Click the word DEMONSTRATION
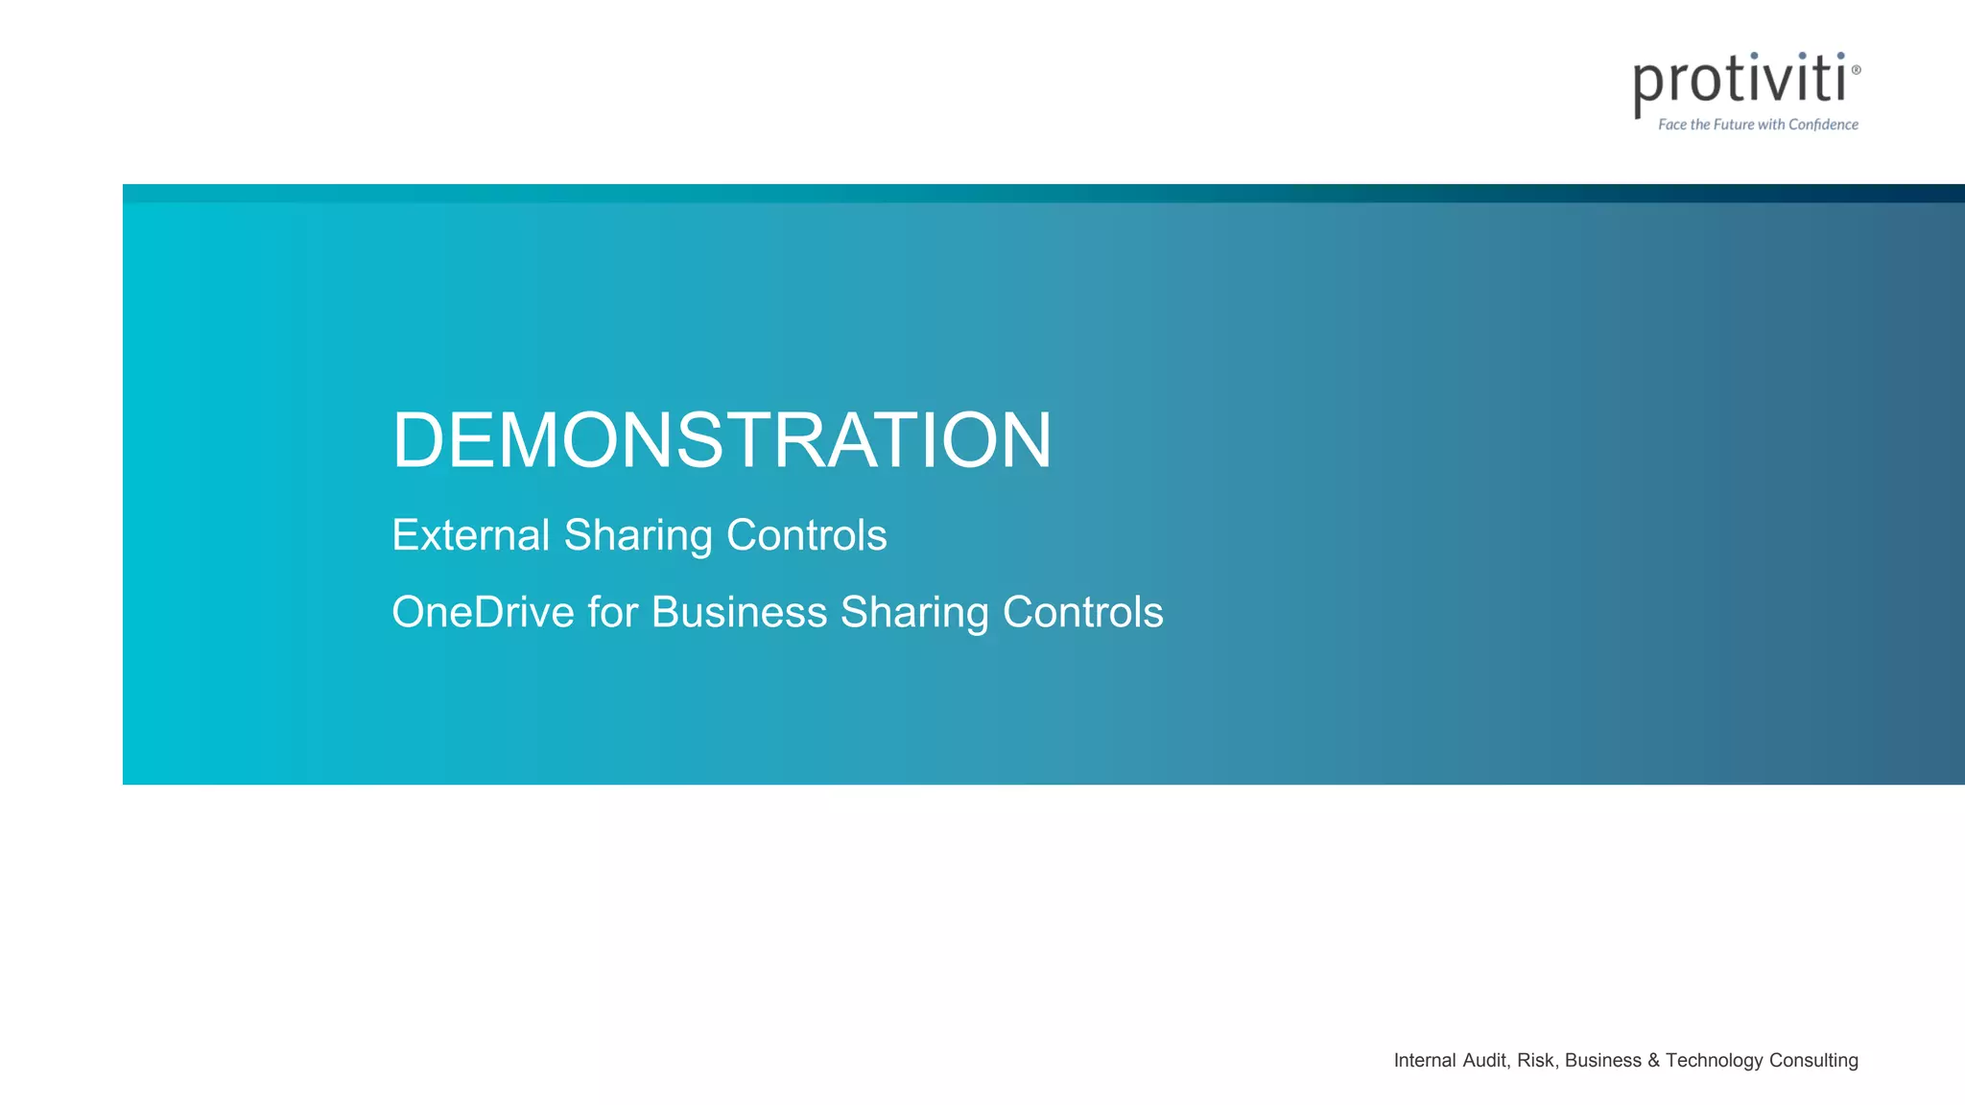pos(722,440)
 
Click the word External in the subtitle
pos(470,535)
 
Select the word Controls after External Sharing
pos(806,535)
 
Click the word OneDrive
pos(483,612)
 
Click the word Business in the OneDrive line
pos(739,612)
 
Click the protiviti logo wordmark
pos(1739,82)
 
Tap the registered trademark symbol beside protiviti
pos(1856,70)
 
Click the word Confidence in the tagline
pos(1823,125)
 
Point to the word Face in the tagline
pos(1671,125)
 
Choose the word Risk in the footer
pos(1536,1060)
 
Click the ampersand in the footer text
pos(1653,1060)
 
